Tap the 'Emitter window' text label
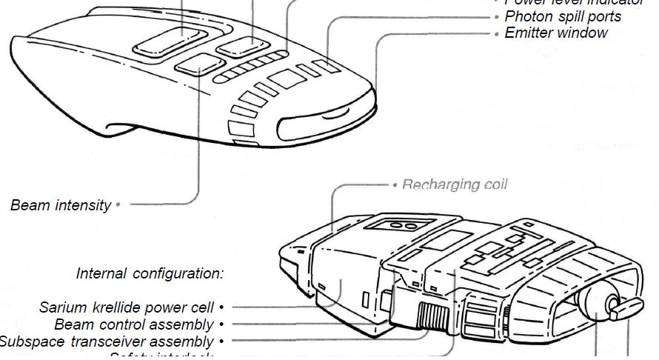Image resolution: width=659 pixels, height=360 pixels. (556, 33)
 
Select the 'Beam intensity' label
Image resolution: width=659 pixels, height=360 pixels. (61, 205)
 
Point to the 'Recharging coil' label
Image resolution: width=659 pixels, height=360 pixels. (455, 184)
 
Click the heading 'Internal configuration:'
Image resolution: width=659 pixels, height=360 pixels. (150, 273)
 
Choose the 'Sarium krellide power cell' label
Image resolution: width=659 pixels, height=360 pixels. (127, 307)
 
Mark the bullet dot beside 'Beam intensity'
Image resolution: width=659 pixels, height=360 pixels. (118, 204)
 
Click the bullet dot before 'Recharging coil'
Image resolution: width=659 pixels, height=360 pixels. (395, 184)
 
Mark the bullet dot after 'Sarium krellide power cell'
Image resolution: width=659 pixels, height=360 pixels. (221, 307)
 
